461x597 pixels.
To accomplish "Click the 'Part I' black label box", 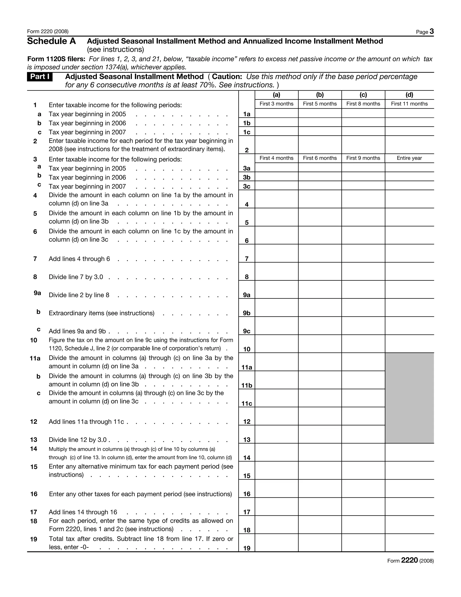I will click(40, 77).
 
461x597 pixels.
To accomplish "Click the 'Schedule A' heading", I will click(51, 41).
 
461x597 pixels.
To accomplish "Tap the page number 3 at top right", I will click(431, 32).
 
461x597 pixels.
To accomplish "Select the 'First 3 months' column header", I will click(276, 104).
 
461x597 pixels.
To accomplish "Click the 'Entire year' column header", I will click(409, 158).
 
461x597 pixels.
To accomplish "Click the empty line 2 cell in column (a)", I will click(276, 145).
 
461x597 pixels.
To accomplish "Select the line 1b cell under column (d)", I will click(409, 122).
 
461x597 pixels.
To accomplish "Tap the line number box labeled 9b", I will click(247, 313).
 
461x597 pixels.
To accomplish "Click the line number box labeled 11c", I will click(247, 403).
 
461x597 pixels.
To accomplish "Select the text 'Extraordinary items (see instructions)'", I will click(102, 313).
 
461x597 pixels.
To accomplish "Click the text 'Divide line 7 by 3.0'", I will click(76, 277).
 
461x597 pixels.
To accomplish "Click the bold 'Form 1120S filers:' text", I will click(56, 59).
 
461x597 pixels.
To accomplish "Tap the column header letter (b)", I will click(320, 95).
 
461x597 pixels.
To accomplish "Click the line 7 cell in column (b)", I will click(320, 253).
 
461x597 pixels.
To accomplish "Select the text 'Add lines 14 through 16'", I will click(83, 512).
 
